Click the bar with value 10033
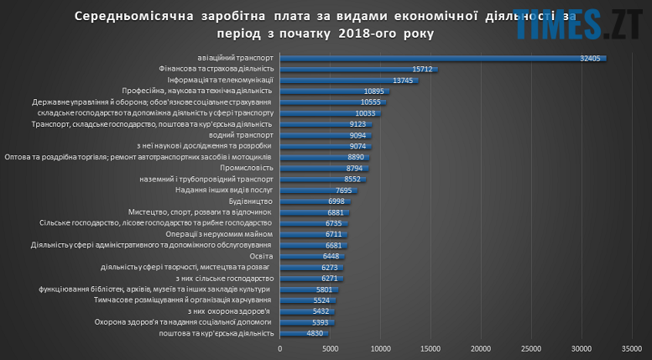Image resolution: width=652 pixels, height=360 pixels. pos(329,112)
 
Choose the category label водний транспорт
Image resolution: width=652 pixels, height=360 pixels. pos(245,134)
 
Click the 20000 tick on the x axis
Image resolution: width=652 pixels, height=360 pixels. pos(481,347)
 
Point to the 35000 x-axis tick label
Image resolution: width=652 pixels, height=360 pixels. pos(631,347)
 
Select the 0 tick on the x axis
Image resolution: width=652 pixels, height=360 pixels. pos(279,347)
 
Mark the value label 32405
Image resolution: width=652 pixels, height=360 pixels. pos(590,58)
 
